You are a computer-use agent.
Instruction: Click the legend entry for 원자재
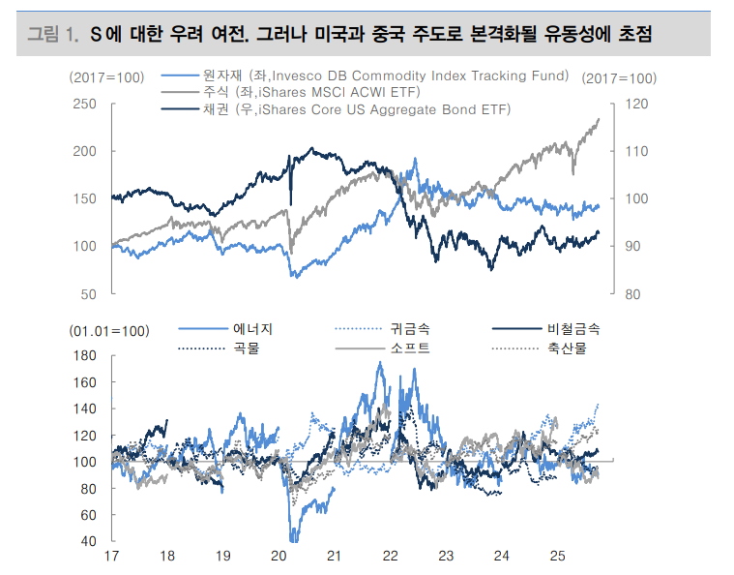click(367, 76)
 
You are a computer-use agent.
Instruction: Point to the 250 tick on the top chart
click(84, 104)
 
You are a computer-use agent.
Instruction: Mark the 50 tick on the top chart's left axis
click(88, 293)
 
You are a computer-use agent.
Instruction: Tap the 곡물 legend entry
click(246, 347)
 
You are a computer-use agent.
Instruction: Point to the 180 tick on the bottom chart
click(86, 356)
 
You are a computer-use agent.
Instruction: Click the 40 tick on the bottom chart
click(89, 540)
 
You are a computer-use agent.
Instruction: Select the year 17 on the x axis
click(111, 557)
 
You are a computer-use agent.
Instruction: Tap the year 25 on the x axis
click(557, 557)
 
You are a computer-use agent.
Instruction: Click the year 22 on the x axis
click(390, 557)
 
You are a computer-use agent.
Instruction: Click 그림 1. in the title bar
click(51, 36)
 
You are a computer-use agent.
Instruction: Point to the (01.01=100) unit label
click(109, 331)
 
